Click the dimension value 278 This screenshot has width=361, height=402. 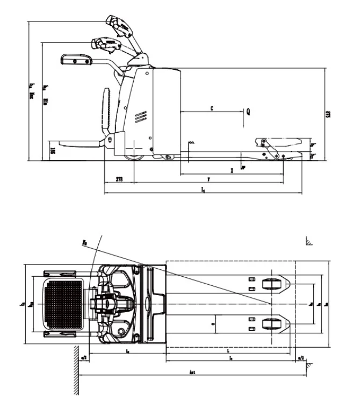119,179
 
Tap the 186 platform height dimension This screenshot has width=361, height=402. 53,151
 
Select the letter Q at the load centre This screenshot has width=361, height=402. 248,112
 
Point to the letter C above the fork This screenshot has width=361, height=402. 212,109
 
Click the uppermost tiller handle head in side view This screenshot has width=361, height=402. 119,25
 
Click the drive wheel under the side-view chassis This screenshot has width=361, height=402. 134,156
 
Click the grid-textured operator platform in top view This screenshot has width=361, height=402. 64,304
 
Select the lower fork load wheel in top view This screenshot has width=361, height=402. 272,323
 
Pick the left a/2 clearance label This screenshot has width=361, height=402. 84,357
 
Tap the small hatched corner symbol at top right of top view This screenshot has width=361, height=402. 309,241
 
